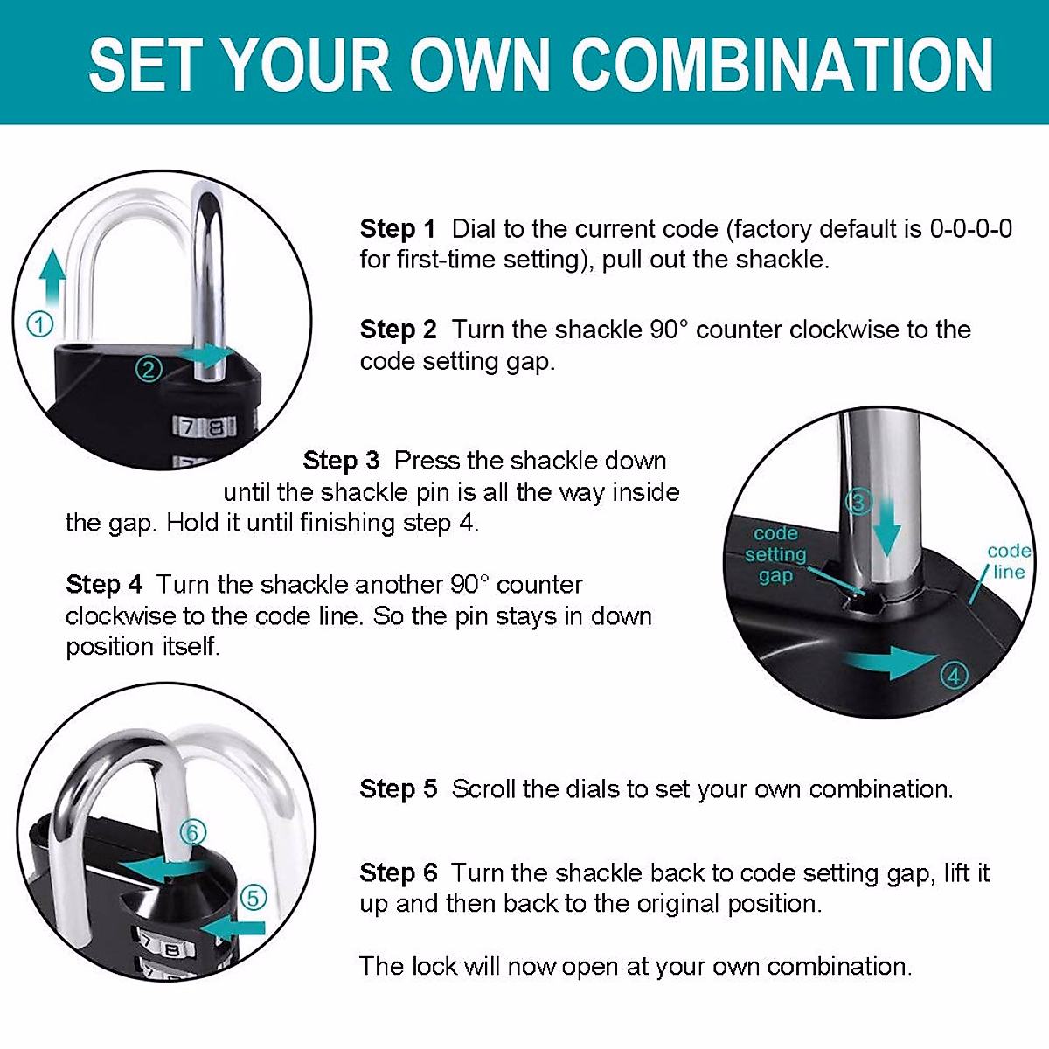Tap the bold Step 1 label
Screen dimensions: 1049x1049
pos(397,229)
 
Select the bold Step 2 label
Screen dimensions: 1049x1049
pos(398,330)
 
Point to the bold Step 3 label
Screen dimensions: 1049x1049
pos(341,461)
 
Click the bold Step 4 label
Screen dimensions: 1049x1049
pos(103,584)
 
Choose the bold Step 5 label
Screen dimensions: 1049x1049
pos(398,788)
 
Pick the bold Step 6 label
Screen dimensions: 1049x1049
pos(398,872)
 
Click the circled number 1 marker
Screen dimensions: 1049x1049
pos(40,324)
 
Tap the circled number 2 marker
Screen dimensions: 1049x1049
pos(149,369)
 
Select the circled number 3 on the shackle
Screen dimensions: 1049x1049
pos(858,502)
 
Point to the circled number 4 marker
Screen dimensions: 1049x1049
pos(954,676)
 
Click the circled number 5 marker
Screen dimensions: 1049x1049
pos(253,898)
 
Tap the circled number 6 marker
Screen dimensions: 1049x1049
pos(193,831)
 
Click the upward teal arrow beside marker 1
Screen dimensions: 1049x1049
pos(53,275)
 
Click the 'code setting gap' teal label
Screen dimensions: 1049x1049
pos(775,554)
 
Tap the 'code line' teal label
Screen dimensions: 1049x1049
pos(1008,561)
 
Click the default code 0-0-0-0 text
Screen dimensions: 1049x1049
pos(970,229)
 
